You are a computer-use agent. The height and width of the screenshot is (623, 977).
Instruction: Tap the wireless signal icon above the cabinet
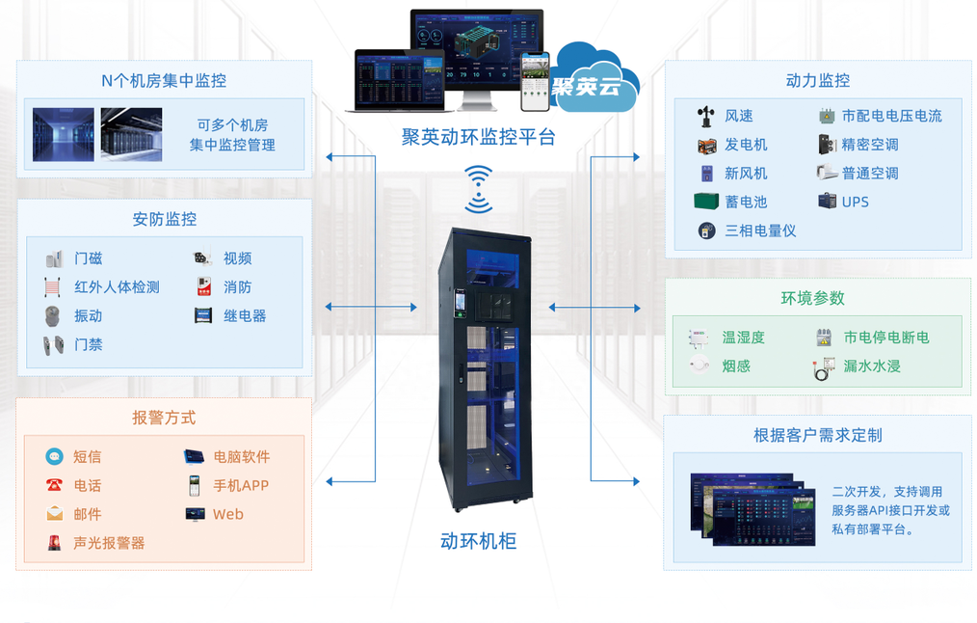tap(478, 189)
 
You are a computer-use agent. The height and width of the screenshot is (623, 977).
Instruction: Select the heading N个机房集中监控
tap(164, 81)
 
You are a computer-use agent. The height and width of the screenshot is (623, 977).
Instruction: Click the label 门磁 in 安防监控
tap(89, 258)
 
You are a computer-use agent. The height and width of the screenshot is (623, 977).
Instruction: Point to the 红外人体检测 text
tap(117, 287)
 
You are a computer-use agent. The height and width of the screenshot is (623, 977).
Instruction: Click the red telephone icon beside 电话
tap(54, 486)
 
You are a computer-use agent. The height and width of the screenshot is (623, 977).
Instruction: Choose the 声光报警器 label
tap(109, 543)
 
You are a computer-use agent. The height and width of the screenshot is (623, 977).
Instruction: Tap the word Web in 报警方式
tap(228, 515)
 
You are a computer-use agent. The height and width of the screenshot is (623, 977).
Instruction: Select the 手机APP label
tap(241, 486)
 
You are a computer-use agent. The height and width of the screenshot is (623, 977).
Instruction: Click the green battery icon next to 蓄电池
tap(706, 202)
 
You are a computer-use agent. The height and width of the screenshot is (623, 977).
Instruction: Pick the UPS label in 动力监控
tap(856, 203)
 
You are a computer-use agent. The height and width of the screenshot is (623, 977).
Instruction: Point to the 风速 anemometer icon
tap(706, 117)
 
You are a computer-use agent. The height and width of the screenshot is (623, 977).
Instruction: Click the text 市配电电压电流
tap(892, 116)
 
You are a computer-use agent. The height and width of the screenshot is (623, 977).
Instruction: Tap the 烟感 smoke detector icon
tap(700, 366)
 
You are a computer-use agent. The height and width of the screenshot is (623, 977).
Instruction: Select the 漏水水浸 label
tap(872, 366)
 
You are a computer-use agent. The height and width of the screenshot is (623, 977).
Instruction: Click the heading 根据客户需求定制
tap(817, 435)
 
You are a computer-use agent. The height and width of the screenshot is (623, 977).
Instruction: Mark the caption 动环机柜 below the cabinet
tap(478, 541)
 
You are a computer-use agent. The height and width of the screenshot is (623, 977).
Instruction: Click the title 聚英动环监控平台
tap(479, 137)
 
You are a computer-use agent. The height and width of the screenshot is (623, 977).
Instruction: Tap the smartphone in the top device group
tap(535, 82)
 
